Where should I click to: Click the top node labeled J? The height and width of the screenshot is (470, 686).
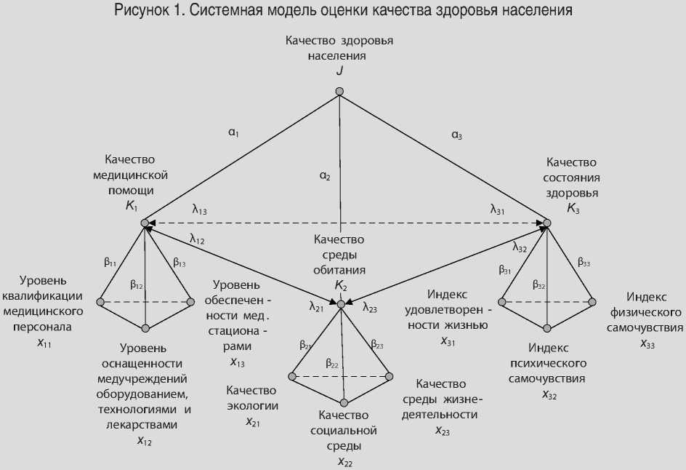tap(339, 92)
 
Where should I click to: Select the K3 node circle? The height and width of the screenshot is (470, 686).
tap(547, 222)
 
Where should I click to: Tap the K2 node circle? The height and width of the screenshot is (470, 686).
tap(340, 302)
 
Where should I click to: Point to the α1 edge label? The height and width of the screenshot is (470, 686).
tap(234, 132)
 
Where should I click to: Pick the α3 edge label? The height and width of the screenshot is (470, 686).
tap(456, 134)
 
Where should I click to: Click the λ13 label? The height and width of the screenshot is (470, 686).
tap(199, 210)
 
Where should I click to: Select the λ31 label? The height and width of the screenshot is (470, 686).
tap(498, 210)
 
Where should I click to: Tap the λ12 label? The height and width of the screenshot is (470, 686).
tap(198, 238)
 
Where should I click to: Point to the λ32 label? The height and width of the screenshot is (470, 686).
tap(520, 247)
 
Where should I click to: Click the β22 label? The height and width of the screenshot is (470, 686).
tap(333, 362)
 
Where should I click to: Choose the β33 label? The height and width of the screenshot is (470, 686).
tap(584, 260)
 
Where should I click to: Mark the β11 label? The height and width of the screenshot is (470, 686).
tap(110, 262)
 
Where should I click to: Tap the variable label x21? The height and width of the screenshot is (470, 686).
tap(253, 421)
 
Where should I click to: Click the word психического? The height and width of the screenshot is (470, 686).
tap(547, 363)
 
